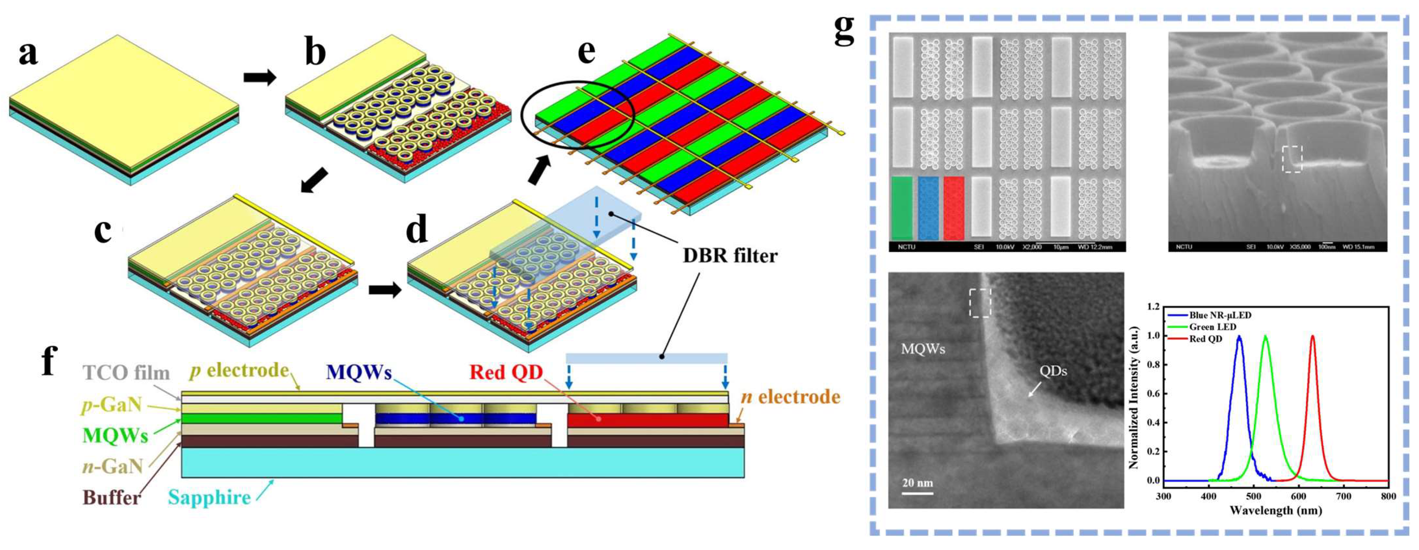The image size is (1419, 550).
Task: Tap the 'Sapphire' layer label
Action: point(209,498)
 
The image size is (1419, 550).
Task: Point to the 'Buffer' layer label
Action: point(111,498)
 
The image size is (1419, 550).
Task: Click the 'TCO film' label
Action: point(126,373)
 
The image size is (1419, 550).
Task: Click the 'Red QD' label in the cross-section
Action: point(506,373)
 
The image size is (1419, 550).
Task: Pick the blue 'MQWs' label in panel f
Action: point(359,373)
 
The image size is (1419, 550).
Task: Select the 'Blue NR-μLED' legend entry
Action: point(1220,315)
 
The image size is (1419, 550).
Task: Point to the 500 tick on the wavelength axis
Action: point(1254,496)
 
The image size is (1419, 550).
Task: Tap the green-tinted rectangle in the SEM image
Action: point(901,208)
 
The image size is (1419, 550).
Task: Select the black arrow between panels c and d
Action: point(384,290)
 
